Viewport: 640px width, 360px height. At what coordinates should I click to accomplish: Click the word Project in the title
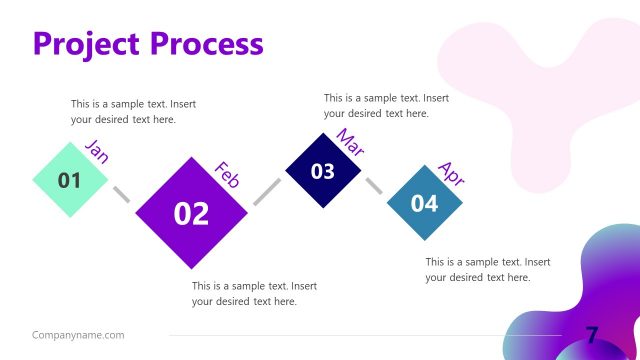[x=87, y=44]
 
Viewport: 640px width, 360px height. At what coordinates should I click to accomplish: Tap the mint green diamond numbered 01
[x=70, y=181]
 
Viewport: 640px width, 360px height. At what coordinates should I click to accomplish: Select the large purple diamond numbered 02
[x=191, y=212]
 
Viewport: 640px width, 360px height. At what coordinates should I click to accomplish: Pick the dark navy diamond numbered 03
[x=323, y=171]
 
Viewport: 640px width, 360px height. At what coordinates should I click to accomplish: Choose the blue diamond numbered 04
[x=425, y=203]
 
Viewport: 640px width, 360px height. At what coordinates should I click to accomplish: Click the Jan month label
[x=97, y=151]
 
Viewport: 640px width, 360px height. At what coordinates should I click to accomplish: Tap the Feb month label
[x=228, y=174]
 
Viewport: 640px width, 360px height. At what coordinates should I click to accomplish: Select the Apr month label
[x=452, y=174]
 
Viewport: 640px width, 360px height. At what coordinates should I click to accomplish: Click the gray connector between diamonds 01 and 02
[x=121, y=194]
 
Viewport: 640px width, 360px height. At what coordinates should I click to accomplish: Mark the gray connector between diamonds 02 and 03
[x=267, y=191]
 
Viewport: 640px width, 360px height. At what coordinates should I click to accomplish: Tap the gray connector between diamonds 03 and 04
[x=374, y=187]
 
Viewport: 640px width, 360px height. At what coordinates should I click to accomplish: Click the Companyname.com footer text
[x=78, y=335]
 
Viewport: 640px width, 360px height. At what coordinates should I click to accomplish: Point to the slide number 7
[x=592, y=335]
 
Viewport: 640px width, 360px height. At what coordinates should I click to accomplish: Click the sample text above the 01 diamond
[x=133, y=111]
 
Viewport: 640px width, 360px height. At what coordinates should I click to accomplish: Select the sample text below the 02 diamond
[x=254, y=293]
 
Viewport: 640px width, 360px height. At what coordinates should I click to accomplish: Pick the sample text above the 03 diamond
[x=386, y=105]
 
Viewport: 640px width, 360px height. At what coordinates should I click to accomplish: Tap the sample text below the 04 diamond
[x=487, y=269]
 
